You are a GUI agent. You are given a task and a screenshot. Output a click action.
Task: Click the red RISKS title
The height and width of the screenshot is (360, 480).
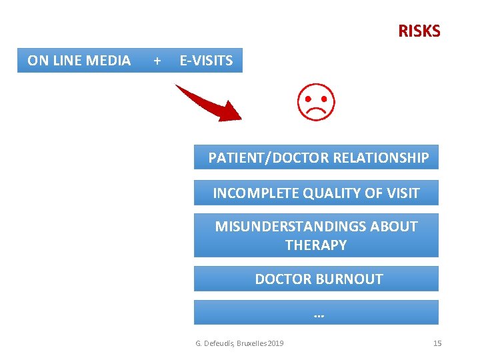pos(419,31)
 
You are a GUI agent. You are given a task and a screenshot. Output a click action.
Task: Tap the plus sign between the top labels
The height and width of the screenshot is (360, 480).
pos(157,61)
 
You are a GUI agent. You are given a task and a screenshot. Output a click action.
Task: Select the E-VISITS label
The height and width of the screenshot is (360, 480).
pos(207,61)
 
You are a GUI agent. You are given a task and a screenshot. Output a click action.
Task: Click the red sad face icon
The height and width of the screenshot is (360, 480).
pos(316,102)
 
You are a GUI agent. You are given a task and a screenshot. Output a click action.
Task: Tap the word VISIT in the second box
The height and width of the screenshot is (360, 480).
pos(402,193)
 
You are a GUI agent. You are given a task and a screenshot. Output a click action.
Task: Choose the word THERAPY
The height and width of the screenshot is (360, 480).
pos(316,245)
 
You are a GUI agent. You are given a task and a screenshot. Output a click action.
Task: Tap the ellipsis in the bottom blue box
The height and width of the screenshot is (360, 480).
pos(318,313)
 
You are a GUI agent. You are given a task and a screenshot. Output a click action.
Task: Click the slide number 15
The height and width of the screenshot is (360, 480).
pos(437,343)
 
